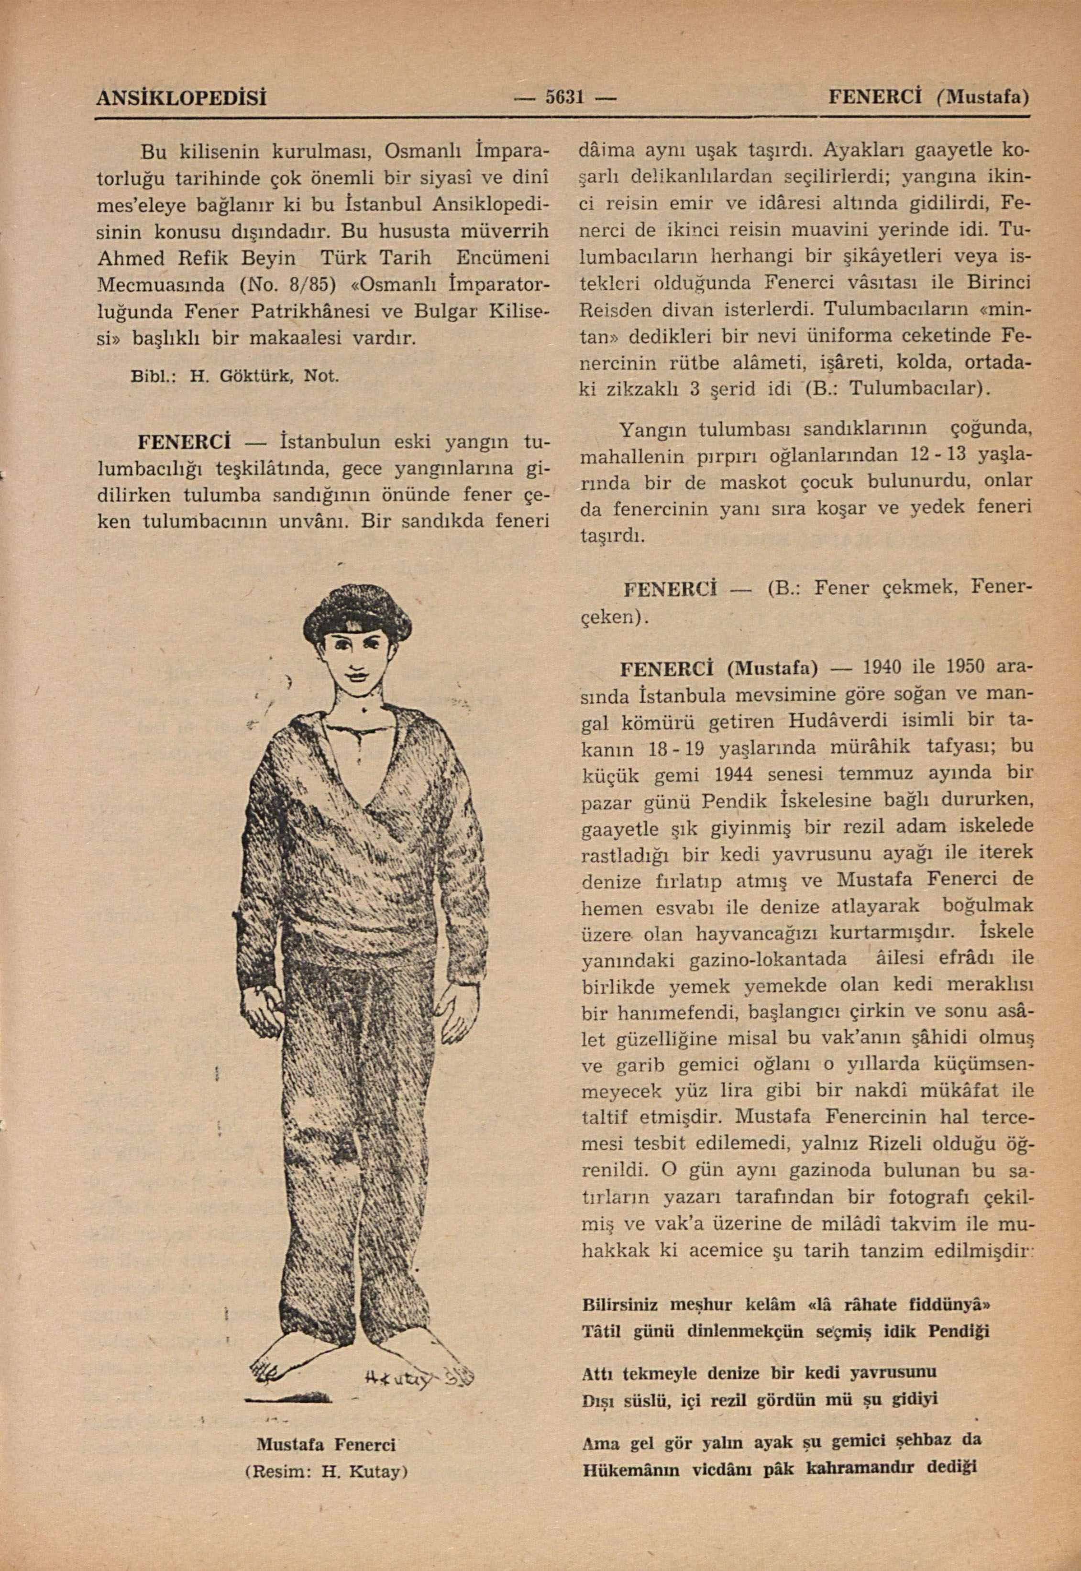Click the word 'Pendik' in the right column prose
[x=734, y=801]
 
